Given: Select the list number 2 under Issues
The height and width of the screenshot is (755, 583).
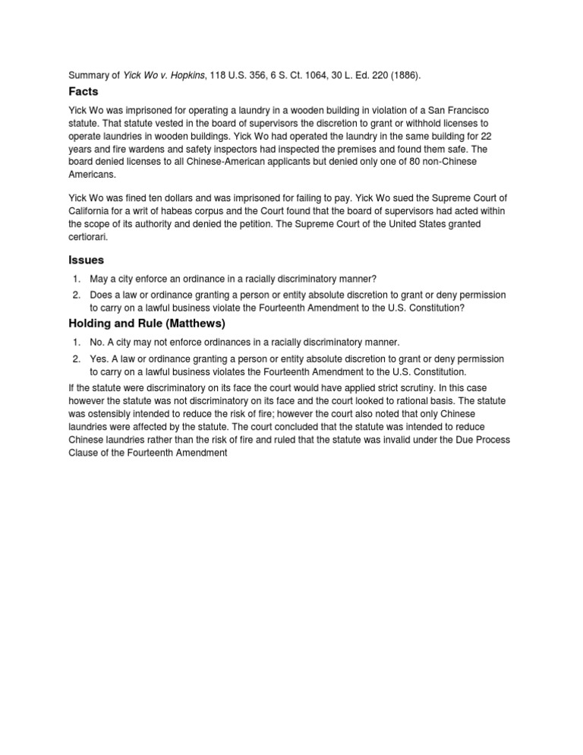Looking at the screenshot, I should point(77,295).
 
